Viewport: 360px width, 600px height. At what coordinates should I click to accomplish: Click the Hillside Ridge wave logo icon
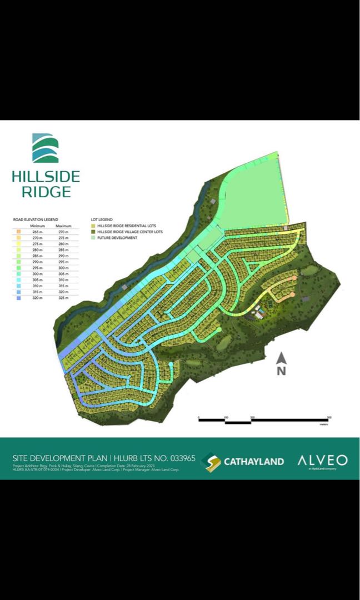[46, 148]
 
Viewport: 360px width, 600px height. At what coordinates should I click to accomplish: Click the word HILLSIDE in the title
[46, 177]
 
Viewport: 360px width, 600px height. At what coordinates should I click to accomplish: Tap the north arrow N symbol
[281, 364]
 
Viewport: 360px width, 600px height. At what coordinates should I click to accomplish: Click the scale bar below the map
[264, 419]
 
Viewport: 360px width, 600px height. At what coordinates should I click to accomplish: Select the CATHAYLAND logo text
[253, 461]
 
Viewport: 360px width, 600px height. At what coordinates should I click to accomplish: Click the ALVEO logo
[322, 460]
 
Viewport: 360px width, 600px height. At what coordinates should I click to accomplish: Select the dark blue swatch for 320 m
[19, 298]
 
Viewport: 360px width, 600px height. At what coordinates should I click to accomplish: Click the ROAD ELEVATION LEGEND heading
[36, 220]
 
